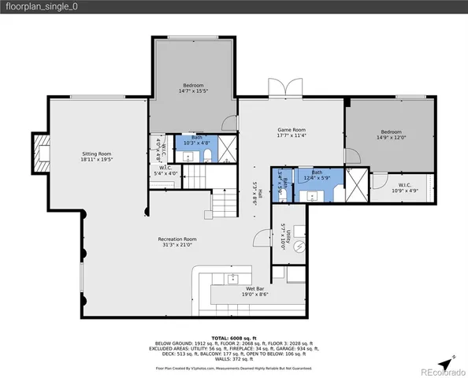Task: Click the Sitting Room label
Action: (96, 156)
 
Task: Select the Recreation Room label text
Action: (176, 241)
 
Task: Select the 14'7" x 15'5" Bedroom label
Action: (194, 87)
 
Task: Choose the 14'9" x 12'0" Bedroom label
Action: (392, 135)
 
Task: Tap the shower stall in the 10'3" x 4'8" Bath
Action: (226, 148)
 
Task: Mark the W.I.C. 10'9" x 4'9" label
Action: (403, 187)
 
